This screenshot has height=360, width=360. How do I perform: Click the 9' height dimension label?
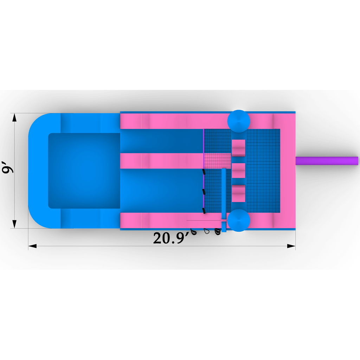coord(7,167)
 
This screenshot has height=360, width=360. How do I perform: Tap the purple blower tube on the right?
coord(327,161)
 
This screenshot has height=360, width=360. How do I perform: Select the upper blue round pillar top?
coord(239,121)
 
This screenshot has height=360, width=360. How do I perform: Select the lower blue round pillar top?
coord(239,220)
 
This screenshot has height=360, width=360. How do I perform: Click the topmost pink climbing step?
coord(238,148)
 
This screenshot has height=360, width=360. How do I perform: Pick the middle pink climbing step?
coord(238,171)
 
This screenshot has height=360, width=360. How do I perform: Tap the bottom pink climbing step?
coord(238,193)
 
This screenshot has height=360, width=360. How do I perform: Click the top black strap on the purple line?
coord(204,172)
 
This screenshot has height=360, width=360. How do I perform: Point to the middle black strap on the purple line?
coord(204,192)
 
